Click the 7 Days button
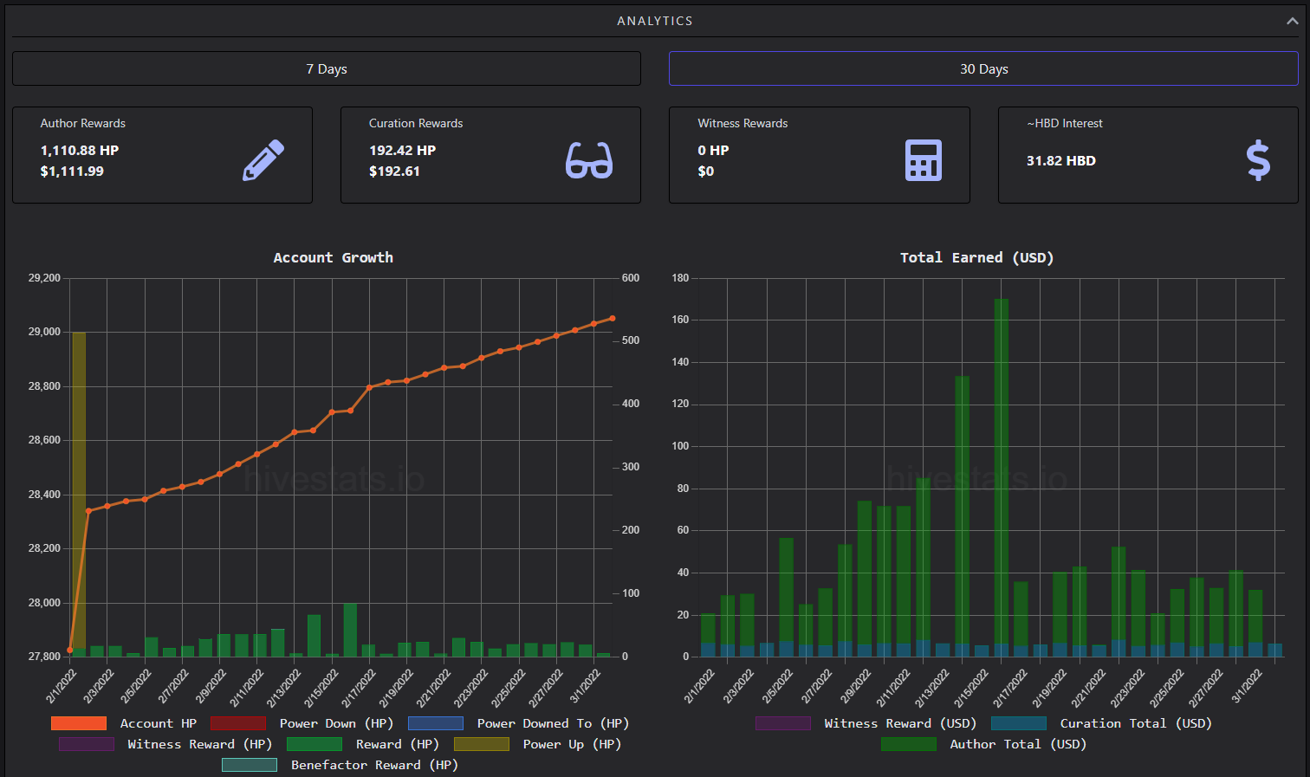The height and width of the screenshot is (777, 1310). tap(327, 69)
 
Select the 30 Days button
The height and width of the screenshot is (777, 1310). tap(983, 69)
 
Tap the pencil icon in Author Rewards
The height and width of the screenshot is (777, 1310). tap(263, 160)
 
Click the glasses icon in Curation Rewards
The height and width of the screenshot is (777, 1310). tap(589, 160)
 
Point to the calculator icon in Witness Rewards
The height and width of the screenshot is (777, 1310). tap(924, 160)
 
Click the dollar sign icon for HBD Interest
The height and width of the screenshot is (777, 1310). tap(1258, 160)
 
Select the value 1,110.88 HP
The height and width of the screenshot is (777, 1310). tap(80, 150)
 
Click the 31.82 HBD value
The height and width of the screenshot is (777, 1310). tap(1060, 161)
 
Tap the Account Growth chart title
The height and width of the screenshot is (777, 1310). tap(334, 258)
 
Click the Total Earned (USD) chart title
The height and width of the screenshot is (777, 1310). tap(976, 258)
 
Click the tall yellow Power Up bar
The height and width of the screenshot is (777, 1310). tap(78, 491)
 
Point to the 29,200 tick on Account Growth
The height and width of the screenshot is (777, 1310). tap(44, 278)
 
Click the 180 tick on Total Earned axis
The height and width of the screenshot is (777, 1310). tap(680, 278)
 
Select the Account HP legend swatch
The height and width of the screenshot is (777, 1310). tap(79, 723)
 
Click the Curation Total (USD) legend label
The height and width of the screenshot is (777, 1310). tap(1136, 723)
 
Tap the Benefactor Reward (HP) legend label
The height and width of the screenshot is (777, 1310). tap(374, 765)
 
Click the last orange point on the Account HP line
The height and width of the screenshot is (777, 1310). tap(613, 319)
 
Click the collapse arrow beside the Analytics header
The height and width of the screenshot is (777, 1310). tap(1293, 21)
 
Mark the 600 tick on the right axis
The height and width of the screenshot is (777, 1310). tap(631, 278)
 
